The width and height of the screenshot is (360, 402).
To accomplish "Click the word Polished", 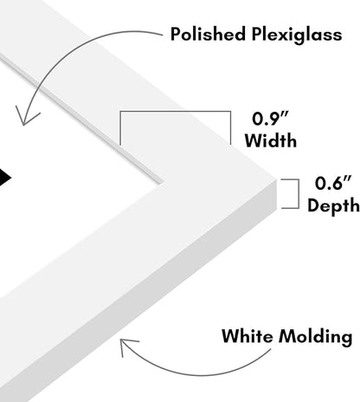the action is tap(208, 34).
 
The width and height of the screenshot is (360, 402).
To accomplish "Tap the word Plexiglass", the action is tap(297, 35).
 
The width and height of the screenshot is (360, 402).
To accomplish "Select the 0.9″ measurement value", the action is tap(270, 119).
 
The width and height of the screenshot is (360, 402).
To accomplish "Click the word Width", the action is tap(271, 140).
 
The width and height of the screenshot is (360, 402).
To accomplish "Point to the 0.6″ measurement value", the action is tap(333, 183).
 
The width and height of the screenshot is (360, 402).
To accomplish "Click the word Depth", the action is tap(333, 205).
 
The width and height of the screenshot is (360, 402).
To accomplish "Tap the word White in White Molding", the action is tap(247, 336).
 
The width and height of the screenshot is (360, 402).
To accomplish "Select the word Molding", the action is tap(315, 337).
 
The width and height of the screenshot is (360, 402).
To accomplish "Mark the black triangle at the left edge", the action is tap(5, 177).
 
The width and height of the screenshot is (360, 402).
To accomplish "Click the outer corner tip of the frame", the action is tap(276, 179).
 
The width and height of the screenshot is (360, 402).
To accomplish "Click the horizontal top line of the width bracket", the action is tap(176, 111).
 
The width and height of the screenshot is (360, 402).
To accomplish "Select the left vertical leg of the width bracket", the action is tap(120, 128).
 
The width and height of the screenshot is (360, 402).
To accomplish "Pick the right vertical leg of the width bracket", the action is tap(230, 127).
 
